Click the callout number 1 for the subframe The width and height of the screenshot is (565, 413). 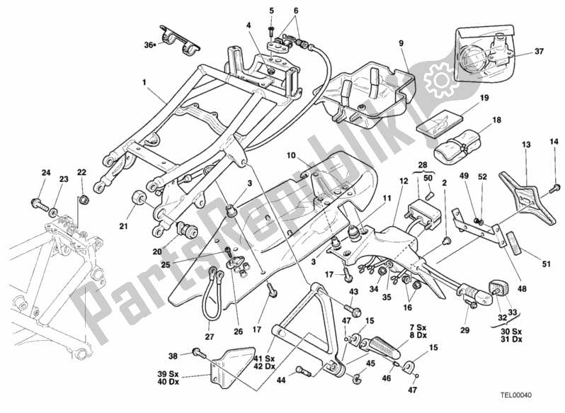click(144, 81)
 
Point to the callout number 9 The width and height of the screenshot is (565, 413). click(401, 43)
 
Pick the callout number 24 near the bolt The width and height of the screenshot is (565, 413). click(45, 173)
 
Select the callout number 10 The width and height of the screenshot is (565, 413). click(290, 154)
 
